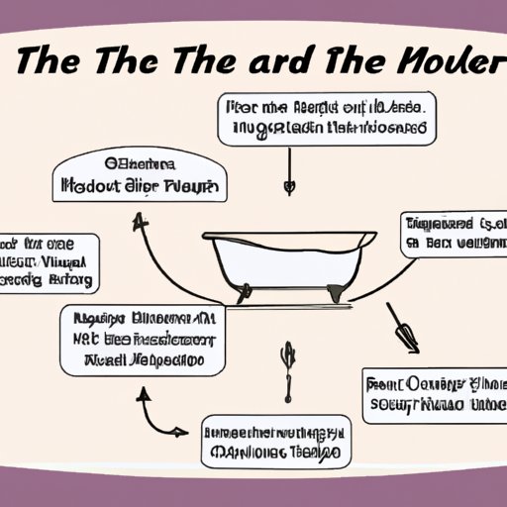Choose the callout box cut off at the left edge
(49, 262)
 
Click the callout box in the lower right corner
(433, 395)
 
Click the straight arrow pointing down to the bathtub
(289, 168)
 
